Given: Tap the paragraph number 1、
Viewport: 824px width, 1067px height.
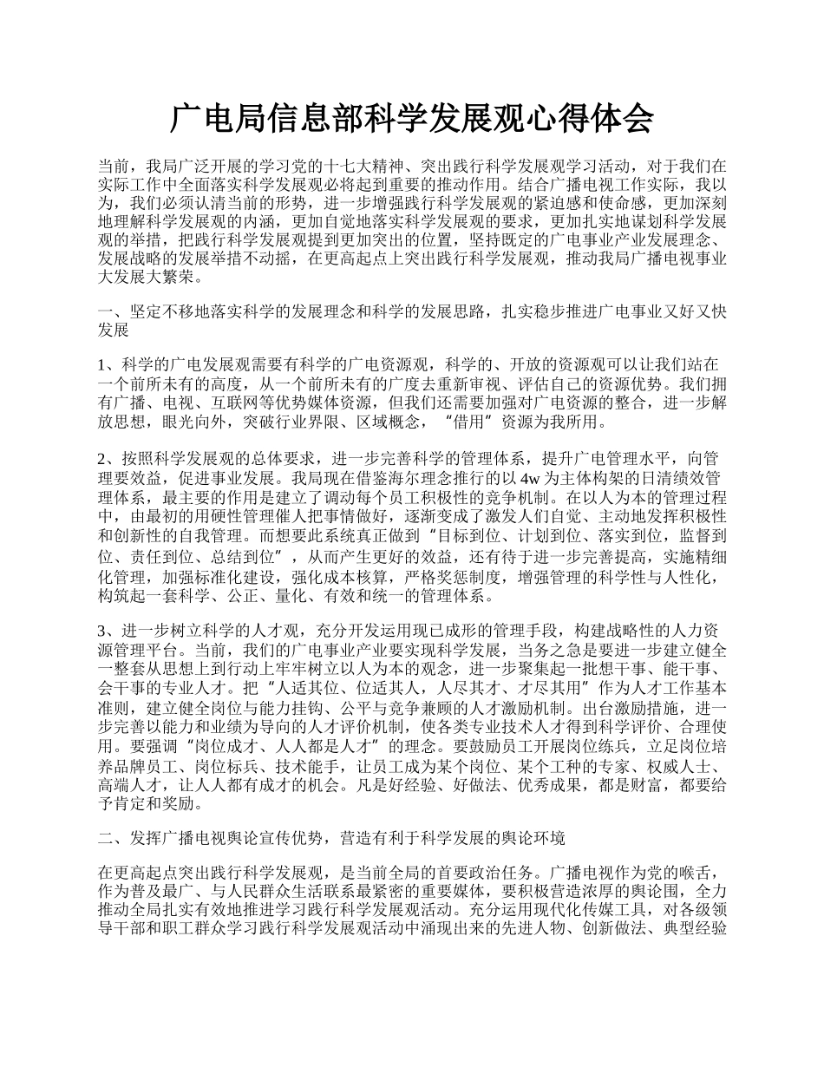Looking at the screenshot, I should click(109, 363).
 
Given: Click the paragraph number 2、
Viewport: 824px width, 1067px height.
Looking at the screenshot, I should click(109, 458).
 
